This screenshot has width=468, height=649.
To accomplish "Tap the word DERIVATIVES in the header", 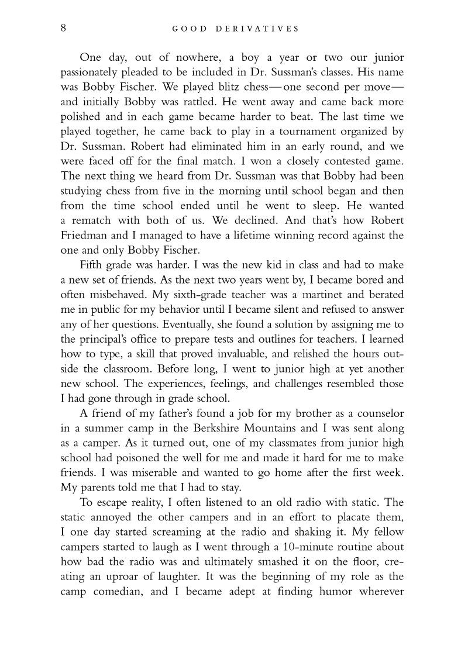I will click(264, 28).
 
